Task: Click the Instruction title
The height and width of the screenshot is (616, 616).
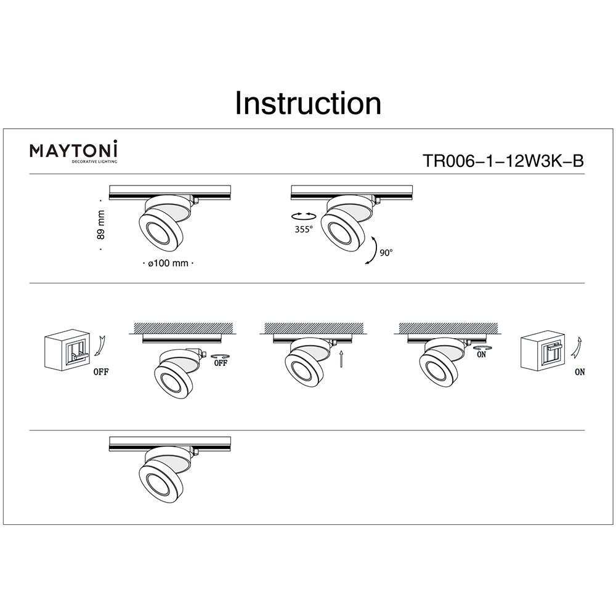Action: point(308,103)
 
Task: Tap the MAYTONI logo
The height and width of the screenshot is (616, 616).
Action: point(73,152)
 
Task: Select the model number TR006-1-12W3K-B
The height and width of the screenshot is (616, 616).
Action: point(503,161)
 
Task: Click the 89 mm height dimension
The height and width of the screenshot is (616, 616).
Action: point(101,225)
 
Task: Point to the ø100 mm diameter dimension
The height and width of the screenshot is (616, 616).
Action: point(168,263)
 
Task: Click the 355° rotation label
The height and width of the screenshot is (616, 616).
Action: point(304,229)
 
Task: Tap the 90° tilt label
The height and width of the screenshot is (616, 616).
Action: point(386,253)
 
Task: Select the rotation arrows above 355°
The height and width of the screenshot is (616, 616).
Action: point(304,216)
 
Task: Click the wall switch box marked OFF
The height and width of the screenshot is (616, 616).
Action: point(67,350)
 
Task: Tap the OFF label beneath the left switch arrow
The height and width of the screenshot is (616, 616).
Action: point(101,371)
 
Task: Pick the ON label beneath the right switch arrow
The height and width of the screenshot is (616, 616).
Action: point(580,371)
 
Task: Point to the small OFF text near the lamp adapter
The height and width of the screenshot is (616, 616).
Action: point(221,363)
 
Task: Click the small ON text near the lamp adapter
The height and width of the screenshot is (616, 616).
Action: point(481,355)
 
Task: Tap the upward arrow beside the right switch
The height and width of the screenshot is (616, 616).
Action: point(577,347)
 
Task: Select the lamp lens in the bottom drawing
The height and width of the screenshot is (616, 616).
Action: point(159,482)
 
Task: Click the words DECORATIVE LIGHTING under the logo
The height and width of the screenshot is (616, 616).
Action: point(94,161)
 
